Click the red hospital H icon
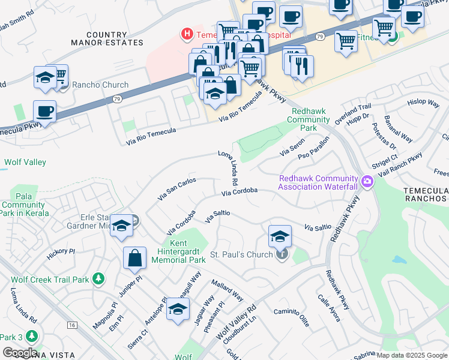click(x=187, y=35)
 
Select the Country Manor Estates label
click(x=107, y=39)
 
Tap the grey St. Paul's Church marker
click(x=282, y=254)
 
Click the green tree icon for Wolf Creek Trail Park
click(x=98, y=279)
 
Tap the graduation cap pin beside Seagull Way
click(x=177, y=309)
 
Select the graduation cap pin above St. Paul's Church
click(x=280, y=236)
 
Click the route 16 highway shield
click(x=73, y=325)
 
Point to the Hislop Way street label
click(x=423, y=103)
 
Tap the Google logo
click(x=20, y=353)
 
